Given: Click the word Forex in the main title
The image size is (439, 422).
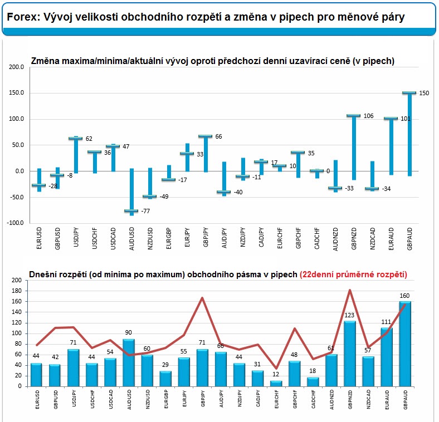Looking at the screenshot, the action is [x=22, y=17].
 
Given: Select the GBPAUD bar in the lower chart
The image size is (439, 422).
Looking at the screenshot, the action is [x=405, y=344].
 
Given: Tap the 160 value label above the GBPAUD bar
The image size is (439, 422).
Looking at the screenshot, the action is [x=404, y=296].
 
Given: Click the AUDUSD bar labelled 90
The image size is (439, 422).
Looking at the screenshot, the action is [x=129, y=362].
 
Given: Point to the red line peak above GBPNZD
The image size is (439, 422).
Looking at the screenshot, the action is [x=350, y=290].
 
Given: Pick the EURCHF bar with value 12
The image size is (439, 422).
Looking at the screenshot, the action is [x=276, y=384].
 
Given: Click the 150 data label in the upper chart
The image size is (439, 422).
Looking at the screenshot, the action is [x=424, y=93].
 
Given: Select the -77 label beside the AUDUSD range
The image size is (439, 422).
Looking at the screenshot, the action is [x=145, y=211].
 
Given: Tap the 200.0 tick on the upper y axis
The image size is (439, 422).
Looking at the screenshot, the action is [x=17, y=67].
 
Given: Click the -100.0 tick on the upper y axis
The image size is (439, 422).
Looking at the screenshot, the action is [x=16, y=223].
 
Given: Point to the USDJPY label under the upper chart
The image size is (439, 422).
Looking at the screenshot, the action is [x=76, y=237].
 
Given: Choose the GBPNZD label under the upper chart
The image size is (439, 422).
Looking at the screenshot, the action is [x=354, y=238].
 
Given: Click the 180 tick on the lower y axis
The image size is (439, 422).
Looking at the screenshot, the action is [x=17, y=291].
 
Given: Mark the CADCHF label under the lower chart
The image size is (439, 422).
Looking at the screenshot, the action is [x=314, y=399].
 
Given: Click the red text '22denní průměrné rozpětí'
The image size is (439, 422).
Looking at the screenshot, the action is [x=353, y=274].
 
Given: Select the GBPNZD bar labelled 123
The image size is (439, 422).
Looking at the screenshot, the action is [x=350, y=354].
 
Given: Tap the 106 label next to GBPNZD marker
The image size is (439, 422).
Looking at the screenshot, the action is [x=368, y=116].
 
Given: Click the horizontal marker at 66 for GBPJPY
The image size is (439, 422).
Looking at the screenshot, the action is [x=205, y=136].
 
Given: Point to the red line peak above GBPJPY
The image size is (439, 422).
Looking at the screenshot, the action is [x=202, y=298].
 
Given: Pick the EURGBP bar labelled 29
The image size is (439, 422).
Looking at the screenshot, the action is [x=165, y=379].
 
